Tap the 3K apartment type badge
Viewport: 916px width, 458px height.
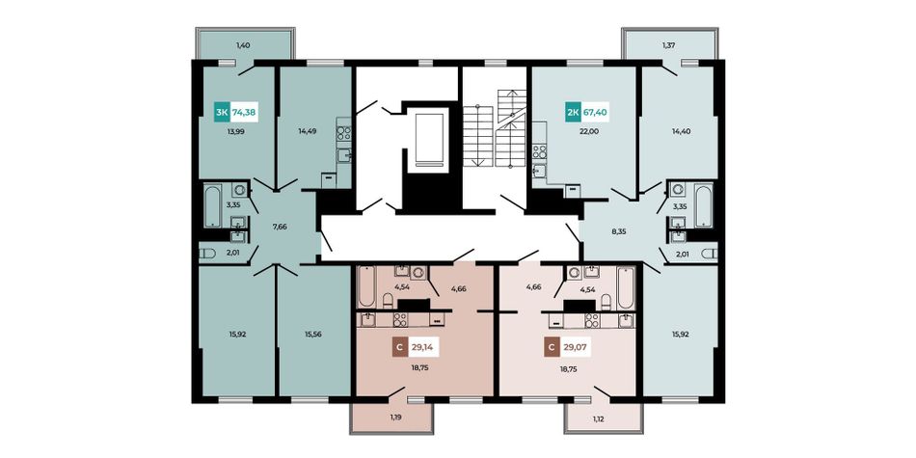(222, 111)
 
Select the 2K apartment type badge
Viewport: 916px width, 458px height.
(572, 111)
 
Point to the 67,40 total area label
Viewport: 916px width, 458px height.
(594, 111)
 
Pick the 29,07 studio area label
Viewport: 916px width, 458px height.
(576, 348)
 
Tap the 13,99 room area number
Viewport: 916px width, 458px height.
(236, 131)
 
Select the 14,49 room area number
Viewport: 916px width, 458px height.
(308, 131)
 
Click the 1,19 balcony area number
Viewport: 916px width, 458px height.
(395, 418)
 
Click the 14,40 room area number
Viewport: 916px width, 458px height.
(682, 131)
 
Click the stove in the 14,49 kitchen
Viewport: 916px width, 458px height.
(343, 133)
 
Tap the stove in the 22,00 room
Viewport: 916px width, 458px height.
(539, 152)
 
